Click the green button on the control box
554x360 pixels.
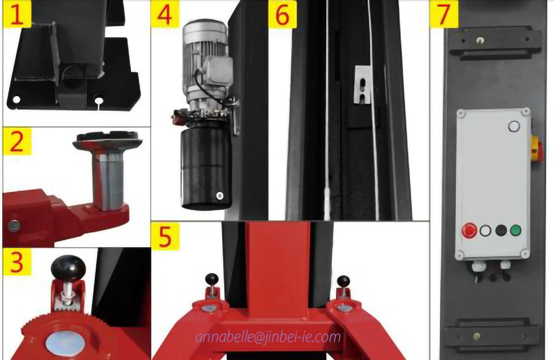[515, 230]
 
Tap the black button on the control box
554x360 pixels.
[500, 230]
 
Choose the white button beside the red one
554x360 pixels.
[485, 230]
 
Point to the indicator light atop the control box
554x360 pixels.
[513, 126]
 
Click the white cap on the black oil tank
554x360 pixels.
[219, 196]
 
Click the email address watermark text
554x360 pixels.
[269, 337]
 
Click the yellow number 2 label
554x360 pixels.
[17, 143]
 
